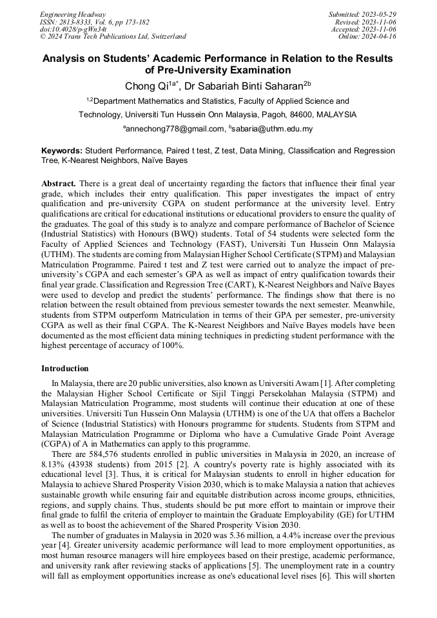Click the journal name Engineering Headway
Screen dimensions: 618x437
[73, 14]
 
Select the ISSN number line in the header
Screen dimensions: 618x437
[88, 22]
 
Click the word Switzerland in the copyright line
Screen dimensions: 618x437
[164, 37]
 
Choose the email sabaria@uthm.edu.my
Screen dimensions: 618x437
[273, 129]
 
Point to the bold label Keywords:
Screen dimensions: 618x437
[62, 151]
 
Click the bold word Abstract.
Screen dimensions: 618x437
[59, 184]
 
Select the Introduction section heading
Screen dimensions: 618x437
[65, 369]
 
